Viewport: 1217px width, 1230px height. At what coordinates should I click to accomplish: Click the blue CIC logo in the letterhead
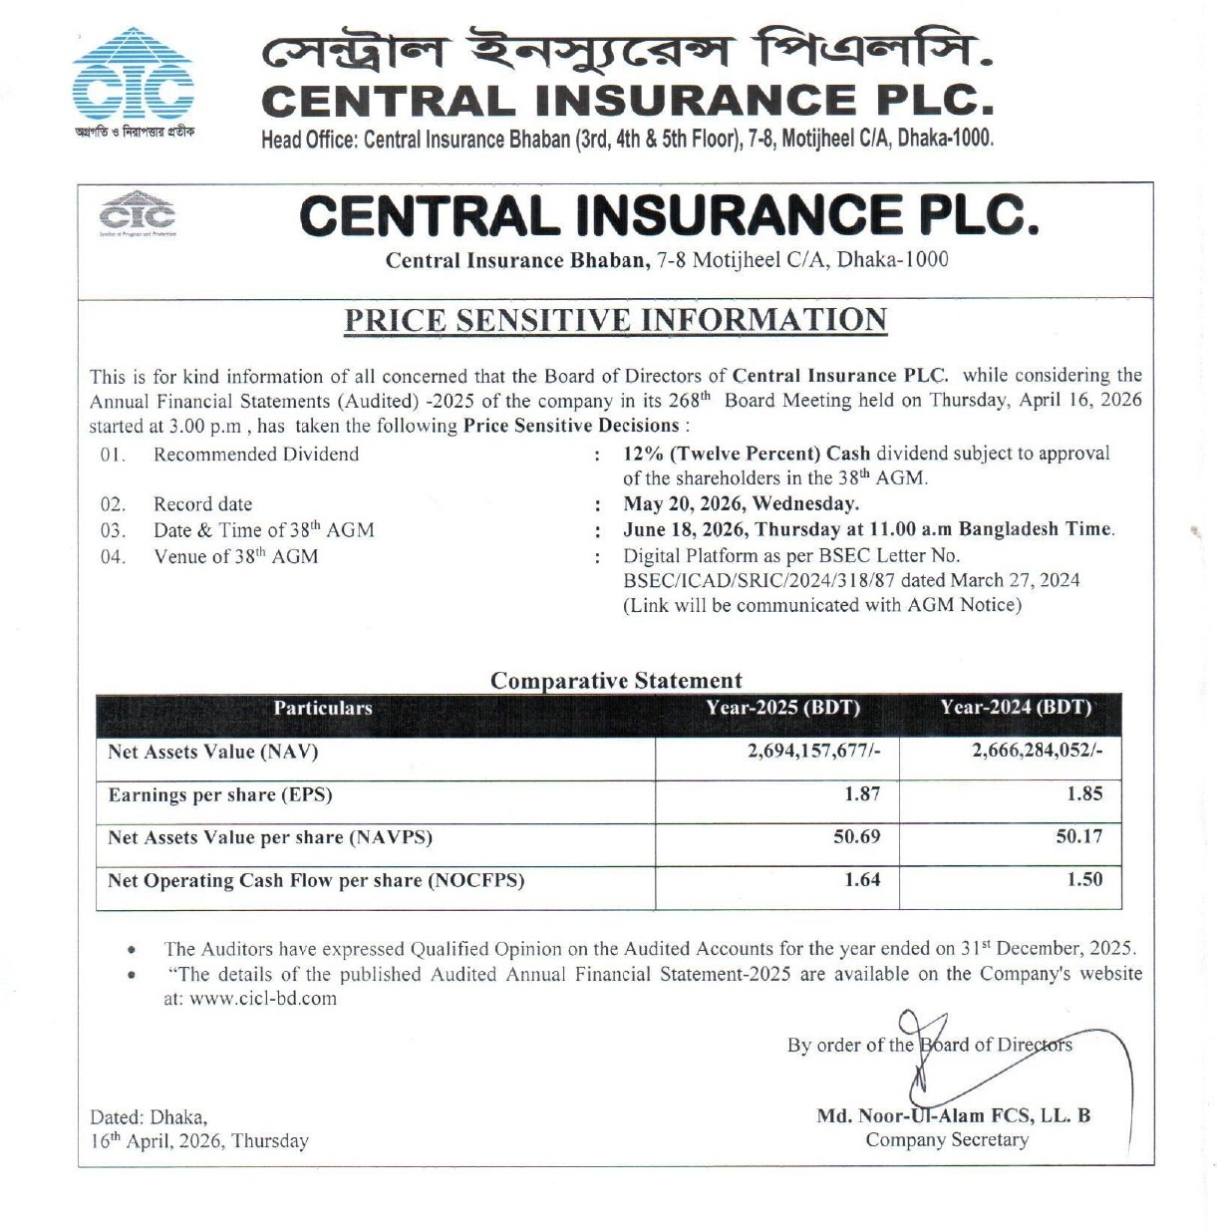(x=133, y=78)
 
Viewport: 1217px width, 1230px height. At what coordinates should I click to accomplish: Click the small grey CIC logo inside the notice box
(x=138, y=213)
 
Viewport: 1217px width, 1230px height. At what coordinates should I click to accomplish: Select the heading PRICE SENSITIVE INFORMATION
(x=615, y=320)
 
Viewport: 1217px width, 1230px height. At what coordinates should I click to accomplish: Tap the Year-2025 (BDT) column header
(x=782, y=708)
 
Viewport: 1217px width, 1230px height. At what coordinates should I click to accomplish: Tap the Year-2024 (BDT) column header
(x=1016, y=708)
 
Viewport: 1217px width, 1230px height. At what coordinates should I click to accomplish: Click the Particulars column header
(x=323, y=709)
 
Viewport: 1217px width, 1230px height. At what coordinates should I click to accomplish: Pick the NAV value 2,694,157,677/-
(x=813, y=751)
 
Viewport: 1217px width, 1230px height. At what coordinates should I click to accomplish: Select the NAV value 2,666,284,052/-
(x=1037, y=751)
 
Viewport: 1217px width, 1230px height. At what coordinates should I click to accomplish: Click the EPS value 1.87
(x=862, y=793)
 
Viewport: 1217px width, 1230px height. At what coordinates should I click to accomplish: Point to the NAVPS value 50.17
(x=1079, y=836)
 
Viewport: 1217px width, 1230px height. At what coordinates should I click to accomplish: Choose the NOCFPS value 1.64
(x=862, y=879)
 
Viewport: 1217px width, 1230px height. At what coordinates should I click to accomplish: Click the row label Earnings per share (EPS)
(x=220, y=794)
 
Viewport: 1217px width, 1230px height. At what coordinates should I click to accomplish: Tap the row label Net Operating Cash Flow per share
(x=316, y=880)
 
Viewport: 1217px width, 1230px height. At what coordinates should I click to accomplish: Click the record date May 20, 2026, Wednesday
(x=741, y=503)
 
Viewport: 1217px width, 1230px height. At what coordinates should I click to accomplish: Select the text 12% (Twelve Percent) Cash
(x=747, y=454)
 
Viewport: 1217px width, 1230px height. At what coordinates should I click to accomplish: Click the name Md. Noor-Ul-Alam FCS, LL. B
(x=953, y=1115)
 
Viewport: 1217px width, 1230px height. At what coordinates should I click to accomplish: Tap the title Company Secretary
(x=947, y=1139)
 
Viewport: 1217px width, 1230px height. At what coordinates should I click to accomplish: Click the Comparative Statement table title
(x=616, y=681)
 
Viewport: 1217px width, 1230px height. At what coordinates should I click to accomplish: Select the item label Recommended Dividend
(x=256, y=455)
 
